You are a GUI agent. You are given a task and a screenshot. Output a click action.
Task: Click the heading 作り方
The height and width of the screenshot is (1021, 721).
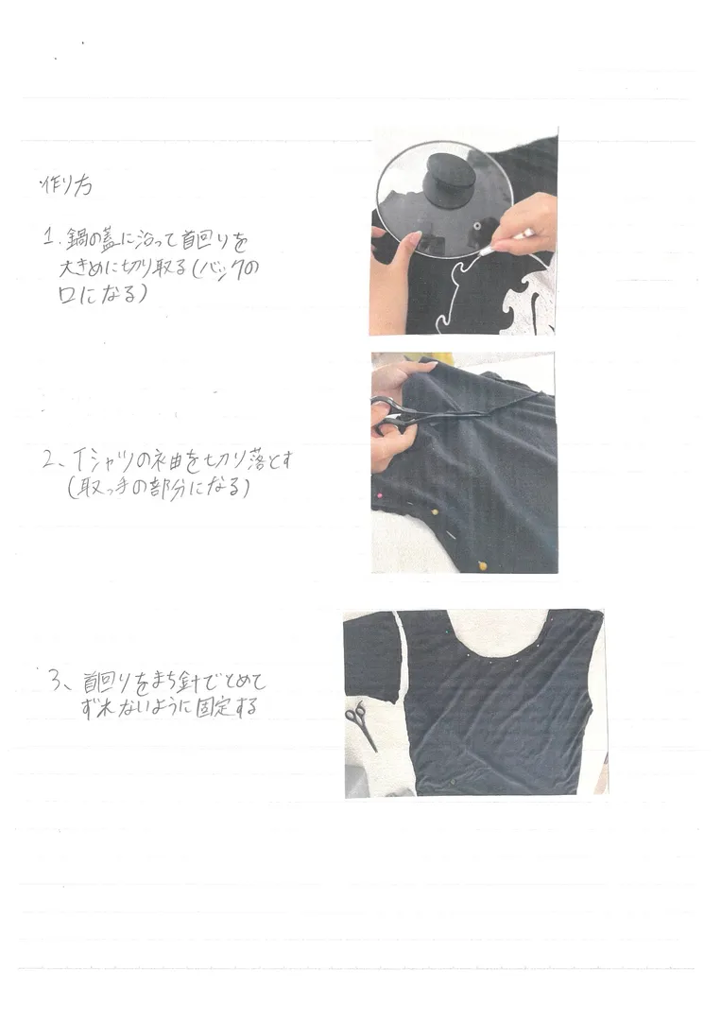point(65,186)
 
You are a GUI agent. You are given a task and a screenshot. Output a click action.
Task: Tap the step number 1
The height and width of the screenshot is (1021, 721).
point(46,237)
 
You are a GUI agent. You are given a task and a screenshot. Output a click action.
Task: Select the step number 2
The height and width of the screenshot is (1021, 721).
point(49,463)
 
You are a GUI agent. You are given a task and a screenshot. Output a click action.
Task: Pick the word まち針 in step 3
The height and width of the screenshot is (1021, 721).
point(179,681)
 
